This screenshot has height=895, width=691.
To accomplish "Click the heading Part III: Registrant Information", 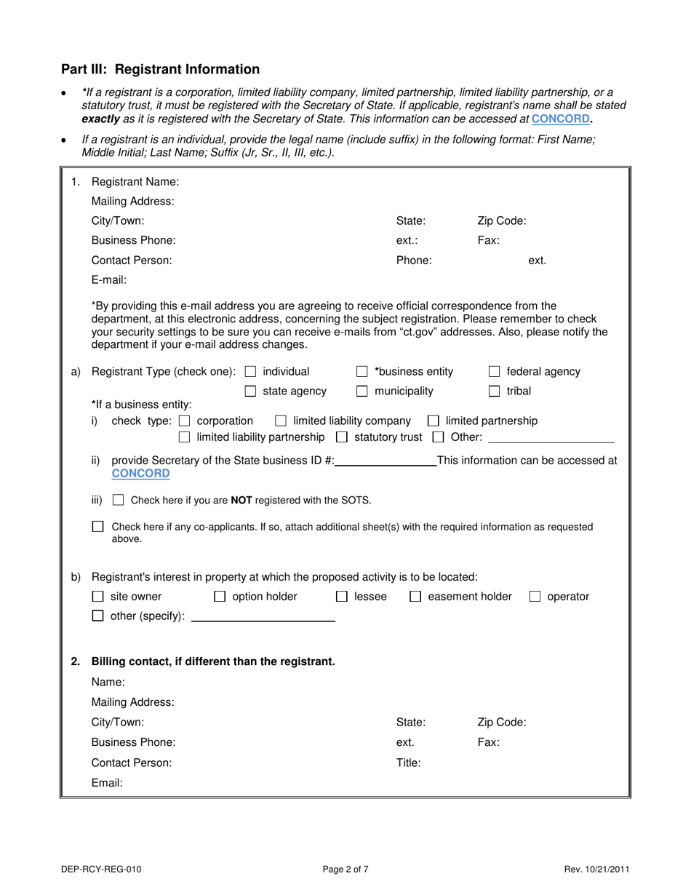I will (x=160, y=70).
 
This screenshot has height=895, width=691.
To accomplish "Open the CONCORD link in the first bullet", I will (x=560, y=119).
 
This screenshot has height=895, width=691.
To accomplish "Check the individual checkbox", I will (x=251, y=372).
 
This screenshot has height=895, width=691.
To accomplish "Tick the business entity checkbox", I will (x=362, y=372).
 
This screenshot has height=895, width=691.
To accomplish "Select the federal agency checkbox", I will (x=494, y=372).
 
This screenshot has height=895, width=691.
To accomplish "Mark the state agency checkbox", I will (x=251, y=391).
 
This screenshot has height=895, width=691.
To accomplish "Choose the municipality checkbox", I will (x=362, y=391).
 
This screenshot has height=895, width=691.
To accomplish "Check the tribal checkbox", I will (x=494, y=391).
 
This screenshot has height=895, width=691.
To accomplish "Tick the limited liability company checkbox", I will (x=281, y=421).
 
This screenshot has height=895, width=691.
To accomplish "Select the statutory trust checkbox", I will (x=342, y=437).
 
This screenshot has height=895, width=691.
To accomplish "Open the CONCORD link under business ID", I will (x=140, y=474).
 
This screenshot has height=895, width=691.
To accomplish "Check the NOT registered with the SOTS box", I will (x=119, y=501).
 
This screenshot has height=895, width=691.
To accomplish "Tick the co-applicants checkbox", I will (x=98, y=527).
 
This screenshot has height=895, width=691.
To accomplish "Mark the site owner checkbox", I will (x=98, y=597).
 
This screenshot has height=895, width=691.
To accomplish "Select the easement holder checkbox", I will (x=415, y=597).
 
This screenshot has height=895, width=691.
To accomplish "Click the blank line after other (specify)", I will (x=263, y=617).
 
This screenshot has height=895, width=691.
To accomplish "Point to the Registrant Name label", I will (x=135, y=182).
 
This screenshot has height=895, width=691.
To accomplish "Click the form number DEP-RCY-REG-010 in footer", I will (x=101, y=869).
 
